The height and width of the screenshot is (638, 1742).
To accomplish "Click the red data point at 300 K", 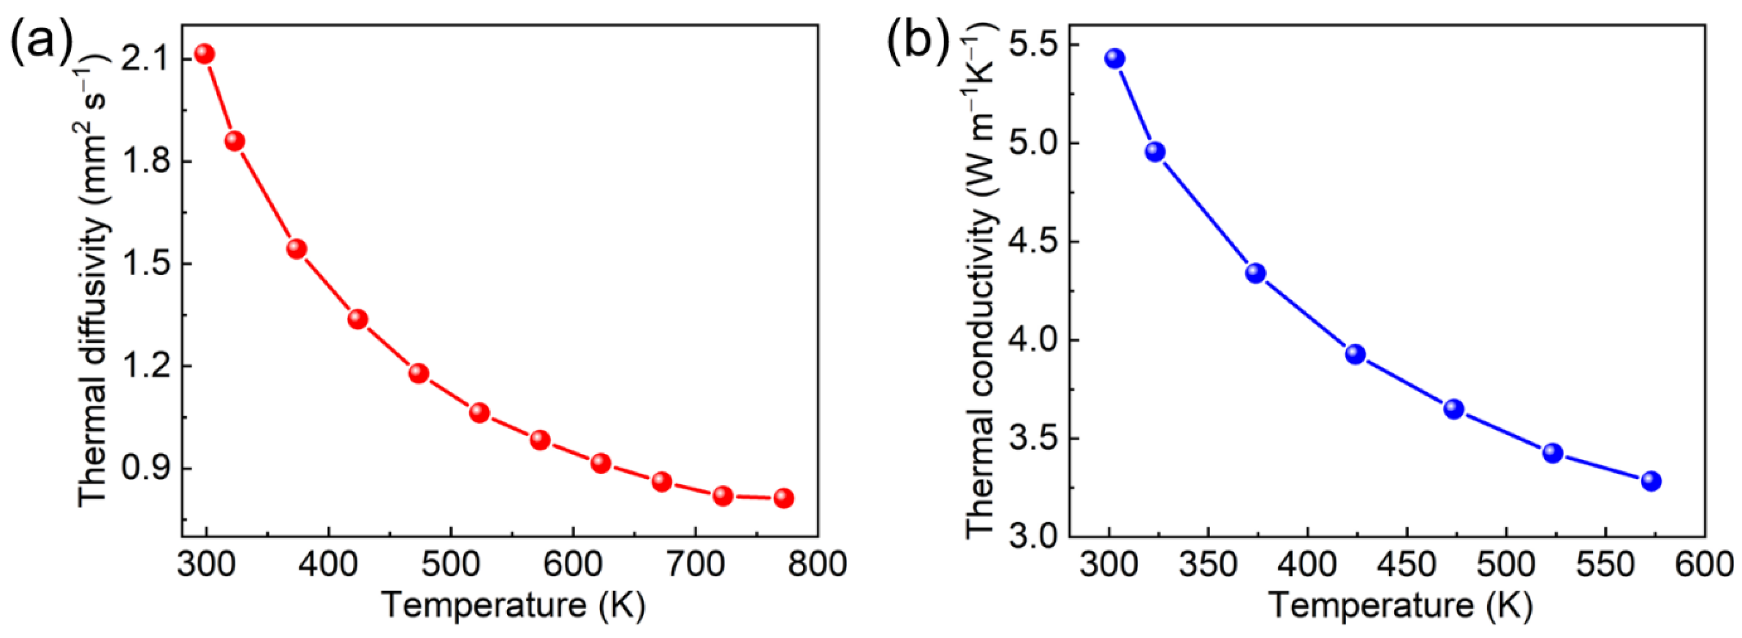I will tap(204, 54).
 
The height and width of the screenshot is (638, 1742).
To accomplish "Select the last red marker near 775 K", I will tap(784, 498).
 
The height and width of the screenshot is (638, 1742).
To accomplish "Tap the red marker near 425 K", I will tap(358, 319).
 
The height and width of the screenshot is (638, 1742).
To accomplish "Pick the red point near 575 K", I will tap(540, 440).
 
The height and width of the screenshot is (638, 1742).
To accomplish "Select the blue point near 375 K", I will tap(1256, 273).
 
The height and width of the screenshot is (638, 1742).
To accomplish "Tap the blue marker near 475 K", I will tap(1454, 409).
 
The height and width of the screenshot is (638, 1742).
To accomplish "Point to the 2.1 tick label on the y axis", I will tap(144, 60).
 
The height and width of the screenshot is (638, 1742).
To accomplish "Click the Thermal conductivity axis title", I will tap(981, 280).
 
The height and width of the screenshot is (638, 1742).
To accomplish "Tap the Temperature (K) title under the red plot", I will tap(512, 605).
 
